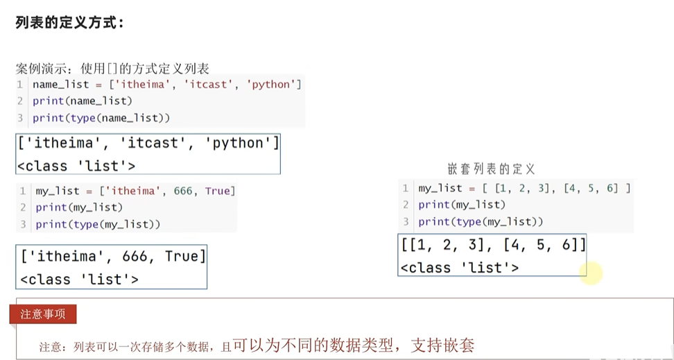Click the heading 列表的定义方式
[x=69, y=22]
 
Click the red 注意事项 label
[x=43, y=314]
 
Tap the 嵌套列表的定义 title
[x=491, y=169]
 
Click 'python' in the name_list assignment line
[x=270, y=85]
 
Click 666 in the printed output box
[x=134, y=257]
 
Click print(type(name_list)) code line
[x=101, y=118]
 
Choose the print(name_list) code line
[x=82, y=101]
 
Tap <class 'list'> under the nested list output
[x=459, y=268]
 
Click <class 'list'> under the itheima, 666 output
[x=79, y=280]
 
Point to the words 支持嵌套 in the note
[x=442, y=345]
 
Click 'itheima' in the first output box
[x=60, y=144]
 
